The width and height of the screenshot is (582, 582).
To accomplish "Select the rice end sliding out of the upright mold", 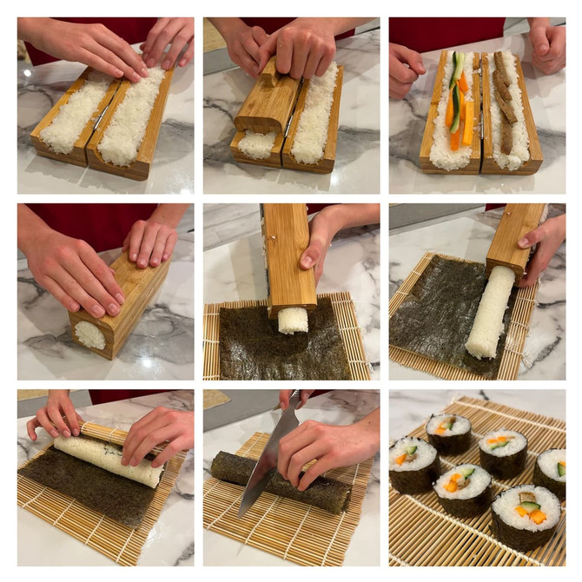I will [x=293, y=320].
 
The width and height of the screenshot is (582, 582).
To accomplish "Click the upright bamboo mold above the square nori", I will [x=288, y=256].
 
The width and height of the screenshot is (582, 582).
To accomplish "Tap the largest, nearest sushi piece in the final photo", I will [x=525, y=516].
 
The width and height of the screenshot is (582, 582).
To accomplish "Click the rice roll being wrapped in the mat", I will [x=109, y=458].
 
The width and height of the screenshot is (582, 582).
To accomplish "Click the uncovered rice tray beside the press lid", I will [x=315, y=113].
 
